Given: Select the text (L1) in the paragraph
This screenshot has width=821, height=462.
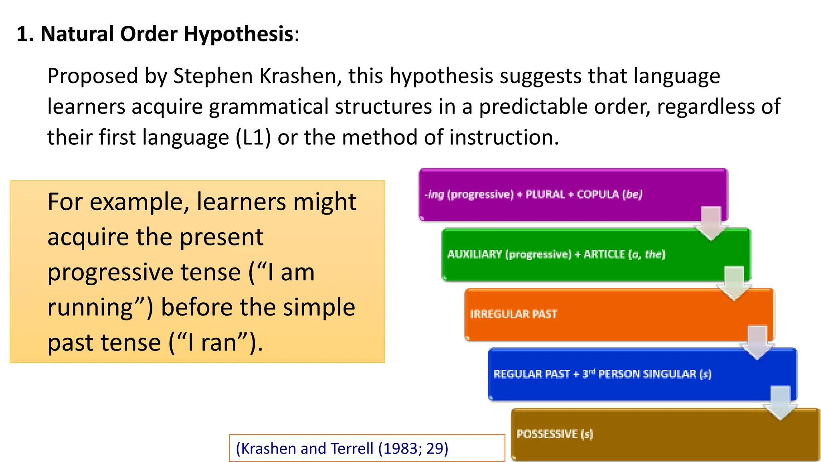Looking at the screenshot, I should click(253, 138).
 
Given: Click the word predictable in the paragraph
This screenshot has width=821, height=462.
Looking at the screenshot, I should click(533, 107).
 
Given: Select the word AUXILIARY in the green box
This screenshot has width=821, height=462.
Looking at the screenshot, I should click(474, 254).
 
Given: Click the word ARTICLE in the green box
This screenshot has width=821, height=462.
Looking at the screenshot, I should click(604, 254).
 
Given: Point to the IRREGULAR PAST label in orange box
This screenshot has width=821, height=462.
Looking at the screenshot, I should click(514, 314).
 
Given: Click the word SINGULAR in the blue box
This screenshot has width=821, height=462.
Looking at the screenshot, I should click(669, 374).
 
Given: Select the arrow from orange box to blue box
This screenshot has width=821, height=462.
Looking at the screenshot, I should click(757, 343).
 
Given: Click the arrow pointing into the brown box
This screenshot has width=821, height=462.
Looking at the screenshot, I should click(780, 403).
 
